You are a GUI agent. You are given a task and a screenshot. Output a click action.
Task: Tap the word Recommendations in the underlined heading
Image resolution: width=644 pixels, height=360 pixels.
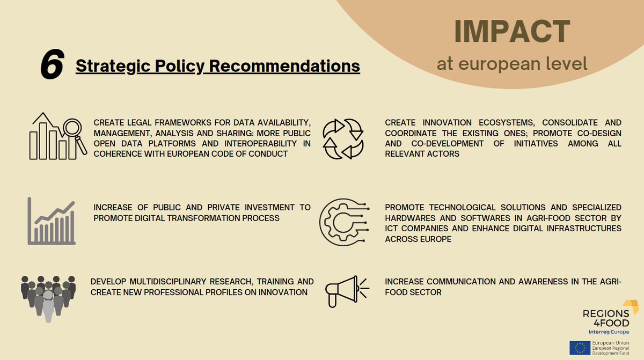tap(284, 66)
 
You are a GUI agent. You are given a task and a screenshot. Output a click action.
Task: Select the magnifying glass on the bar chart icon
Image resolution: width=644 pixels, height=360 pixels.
tap(73, 130)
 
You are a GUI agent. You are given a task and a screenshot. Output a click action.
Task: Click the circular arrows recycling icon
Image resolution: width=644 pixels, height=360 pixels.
tap(342, 138)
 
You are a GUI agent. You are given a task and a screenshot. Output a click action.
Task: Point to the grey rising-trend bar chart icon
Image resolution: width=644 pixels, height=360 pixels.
tap(52, 221)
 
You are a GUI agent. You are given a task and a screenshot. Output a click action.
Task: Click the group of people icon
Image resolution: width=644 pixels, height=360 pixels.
tap(48, 298)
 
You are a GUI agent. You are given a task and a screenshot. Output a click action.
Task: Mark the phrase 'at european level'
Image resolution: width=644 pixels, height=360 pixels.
tap(511, 64)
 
